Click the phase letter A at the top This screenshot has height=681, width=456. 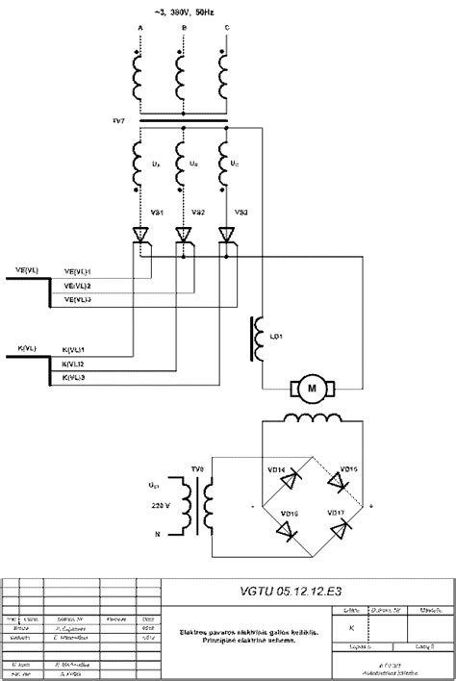(139, 29)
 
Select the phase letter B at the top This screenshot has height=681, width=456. (182, 29)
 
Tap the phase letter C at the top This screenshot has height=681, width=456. (225, 29)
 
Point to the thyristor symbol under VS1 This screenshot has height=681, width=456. (139, 234)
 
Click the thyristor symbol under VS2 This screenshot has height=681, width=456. (183, 234)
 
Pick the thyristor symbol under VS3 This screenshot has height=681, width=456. (226, 234)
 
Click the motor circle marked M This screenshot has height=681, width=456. (310, 387)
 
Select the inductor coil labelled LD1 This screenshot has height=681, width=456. (256, 339)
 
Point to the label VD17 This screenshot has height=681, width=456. (337, 513)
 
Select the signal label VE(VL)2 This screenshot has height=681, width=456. (77, 286)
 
